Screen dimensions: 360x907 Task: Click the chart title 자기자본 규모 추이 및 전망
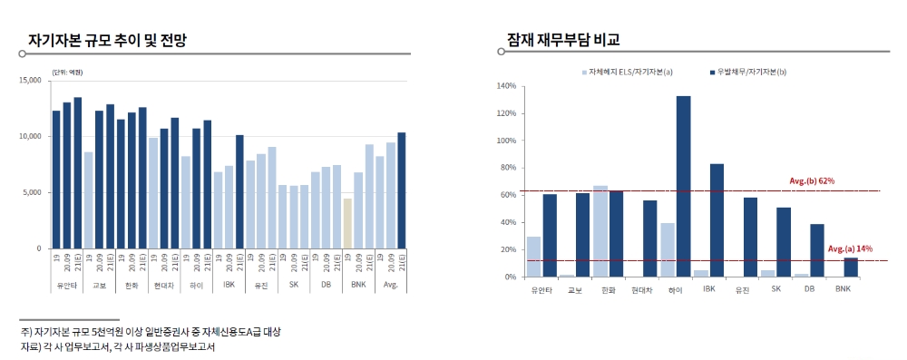[x=112, y=41]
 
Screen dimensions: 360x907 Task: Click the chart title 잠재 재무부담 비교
[x=563, y=41]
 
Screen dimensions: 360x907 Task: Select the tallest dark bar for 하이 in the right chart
[x=683, y=186]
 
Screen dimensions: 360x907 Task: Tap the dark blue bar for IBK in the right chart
[x=717, y=220]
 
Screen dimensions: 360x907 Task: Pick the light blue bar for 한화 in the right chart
[x=600, y=231]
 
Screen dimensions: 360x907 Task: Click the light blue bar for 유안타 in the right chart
[x=533, y=257]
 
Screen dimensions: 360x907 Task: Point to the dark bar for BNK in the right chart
[x=850, y=268]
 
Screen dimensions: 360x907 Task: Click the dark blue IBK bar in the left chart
[x=239, y=191]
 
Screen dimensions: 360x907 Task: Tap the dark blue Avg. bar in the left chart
[x=401, y=190]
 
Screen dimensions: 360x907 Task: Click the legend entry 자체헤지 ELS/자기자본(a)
[x=630, y=71]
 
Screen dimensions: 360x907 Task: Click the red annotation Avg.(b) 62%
[x=812, y=181]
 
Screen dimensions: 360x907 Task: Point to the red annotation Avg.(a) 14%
[x=849, y=248]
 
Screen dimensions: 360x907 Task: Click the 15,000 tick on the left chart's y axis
[x=30, y=81]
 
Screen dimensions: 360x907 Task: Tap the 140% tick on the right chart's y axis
[x=505, y=86]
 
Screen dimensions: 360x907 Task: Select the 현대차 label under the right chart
[x=641, y=290]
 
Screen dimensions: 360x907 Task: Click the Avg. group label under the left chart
[x=390, y=284]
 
